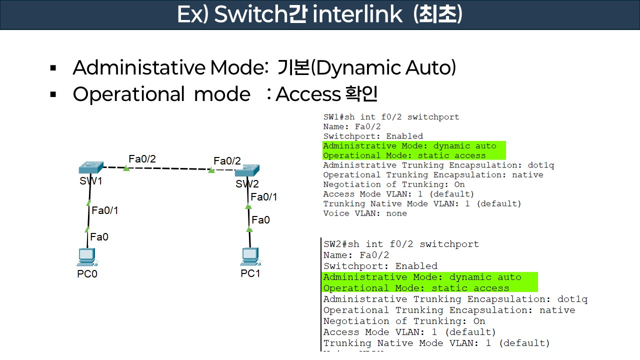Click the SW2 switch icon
(247, 170)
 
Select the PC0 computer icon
(87, 257)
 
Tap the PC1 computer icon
(249, 256)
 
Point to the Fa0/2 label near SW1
(142, 159)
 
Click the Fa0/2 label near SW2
(227, 161)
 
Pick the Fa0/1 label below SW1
(105, 210)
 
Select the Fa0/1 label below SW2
(263, 197)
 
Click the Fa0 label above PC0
(99, 237)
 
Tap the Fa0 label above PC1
(261, 219)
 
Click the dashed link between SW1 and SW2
(167, 168)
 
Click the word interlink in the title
(357, 15)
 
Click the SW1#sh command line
(391, 117)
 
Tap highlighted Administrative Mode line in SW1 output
(409, 146)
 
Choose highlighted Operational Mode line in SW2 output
(416, 288)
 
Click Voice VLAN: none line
(365, 213)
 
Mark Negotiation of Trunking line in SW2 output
(404, 321)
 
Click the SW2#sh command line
(401, 244)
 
